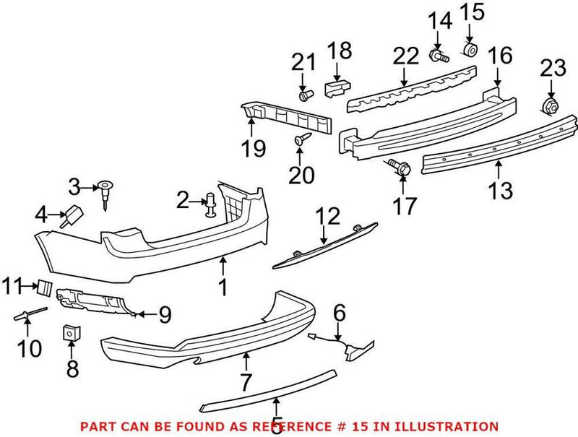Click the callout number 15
pos(470,12)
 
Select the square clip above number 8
pos(70,333)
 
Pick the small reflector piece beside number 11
pos(45,287)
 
